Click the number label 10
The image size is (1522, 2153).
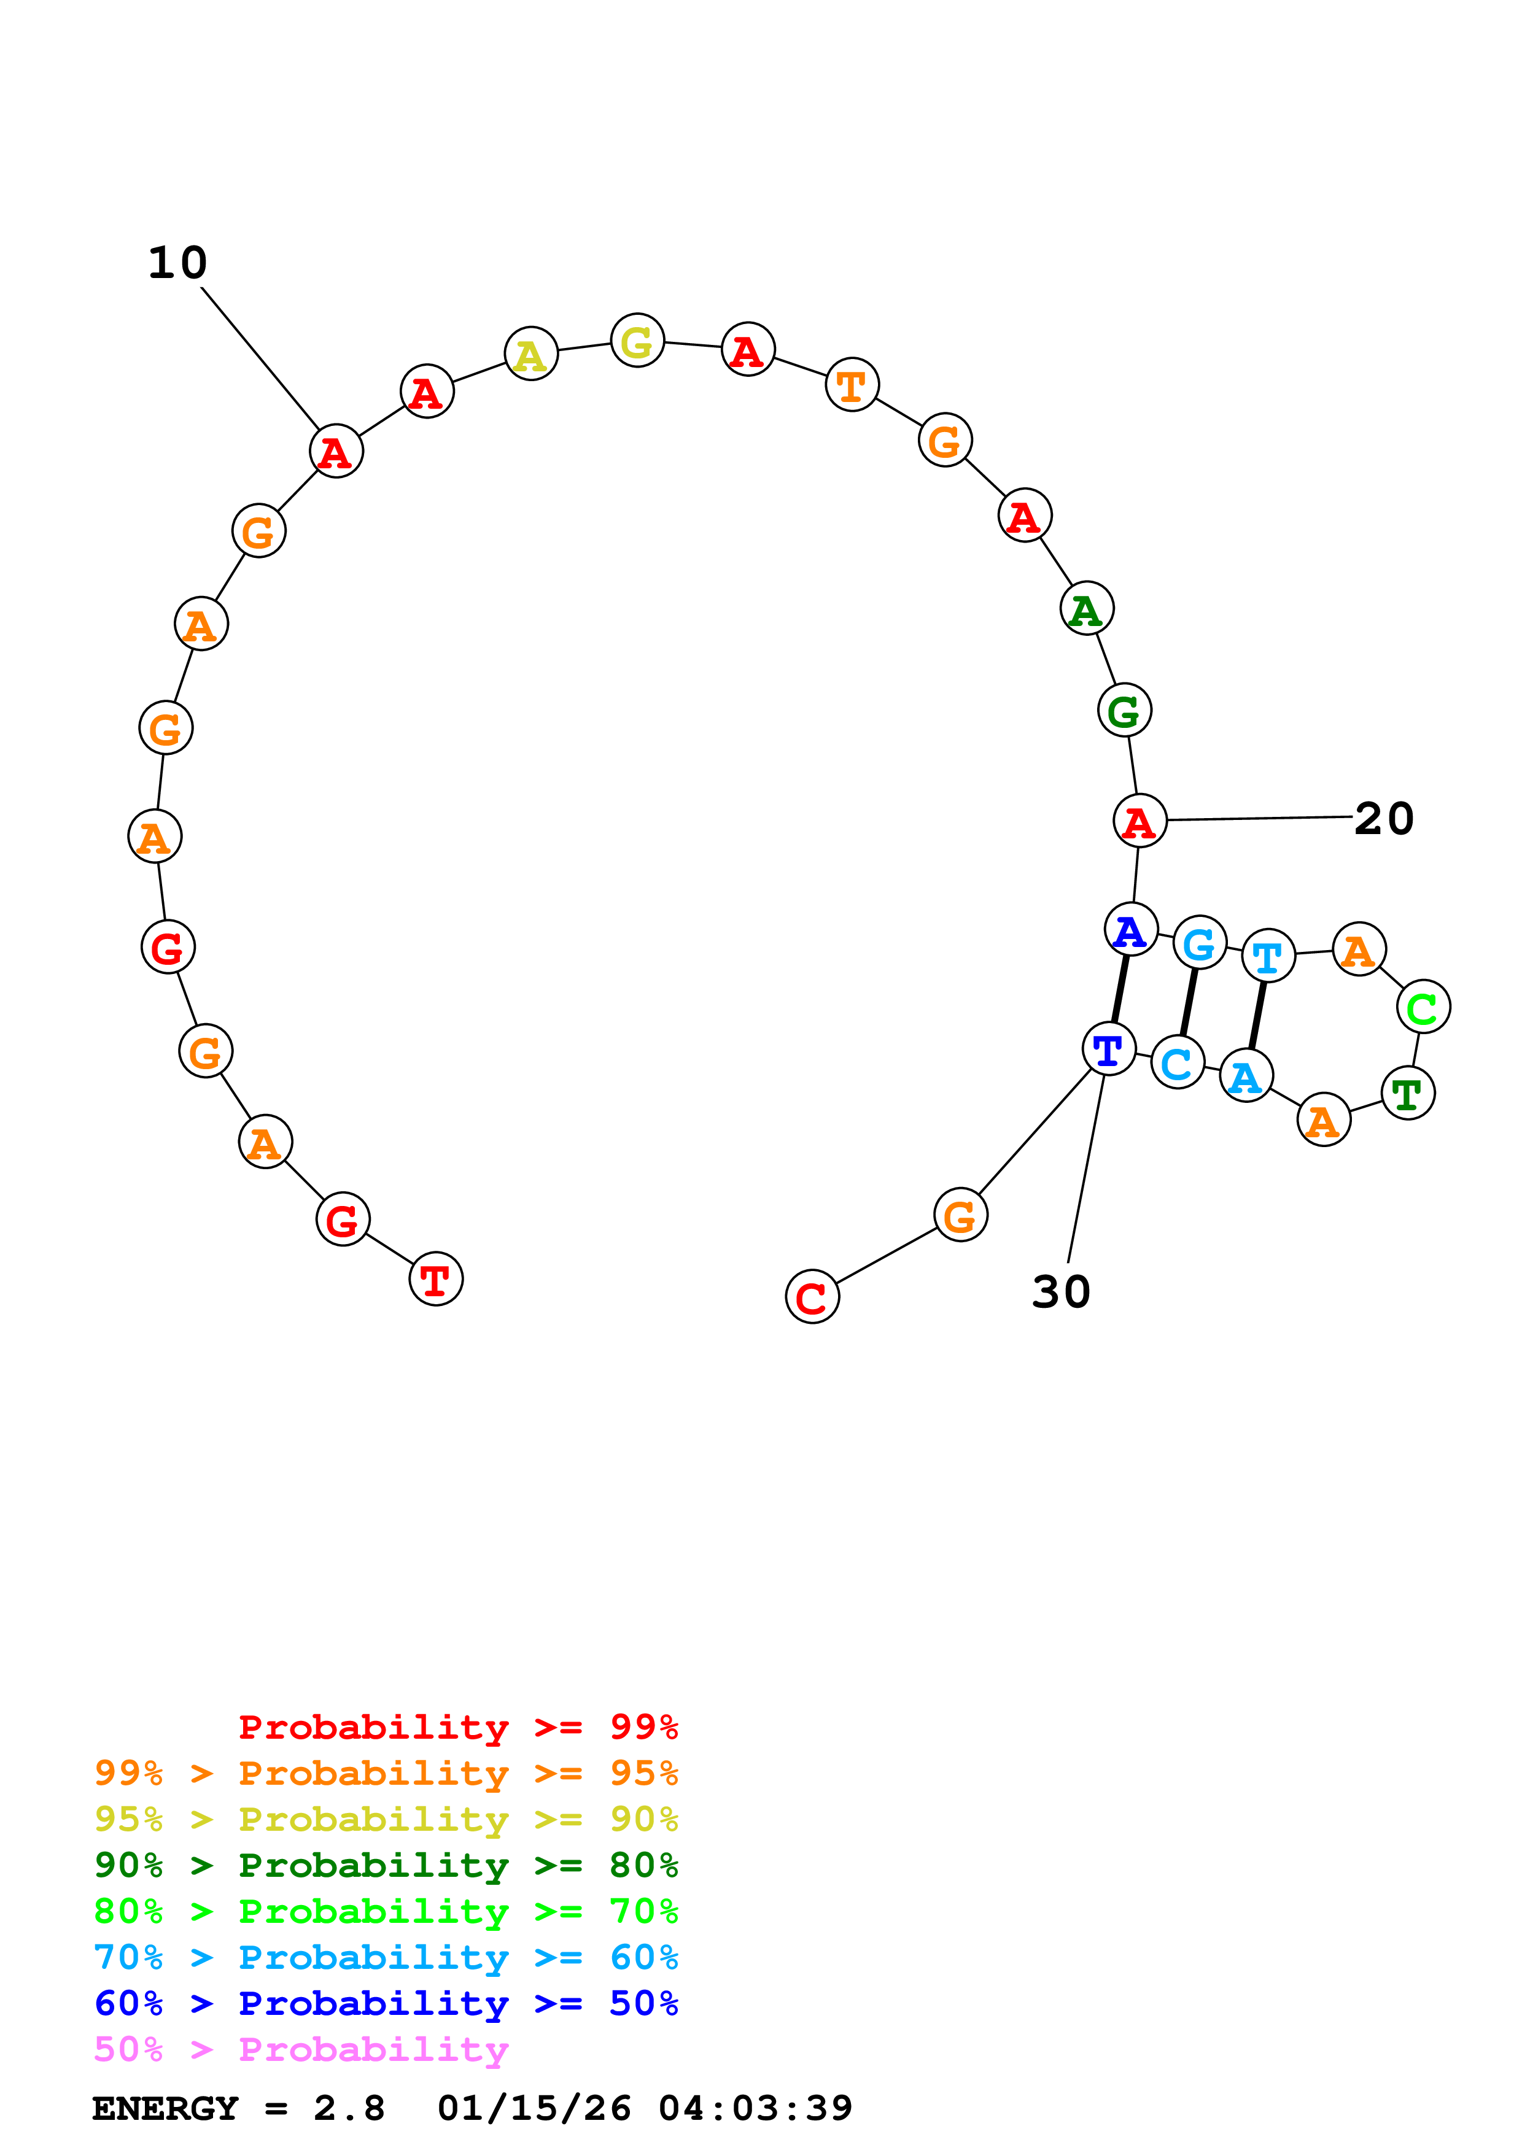177,263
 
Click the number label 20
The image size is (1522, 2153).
1383,819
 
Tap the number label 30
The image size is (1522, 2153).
1061,1292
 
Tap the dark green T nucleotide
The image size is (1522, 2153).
1408,1094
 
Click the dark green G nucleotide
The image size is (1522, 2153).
1124,711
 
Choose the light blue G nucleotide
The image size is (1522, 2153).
1200,943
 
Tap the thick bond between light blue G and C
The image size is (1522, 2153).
1188,1002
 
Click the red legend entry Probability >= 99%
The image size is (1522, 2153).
457,1727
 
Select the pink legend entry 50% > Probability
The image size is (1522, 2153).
301,2050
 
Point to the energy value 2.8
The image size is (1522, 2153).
349,2109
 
